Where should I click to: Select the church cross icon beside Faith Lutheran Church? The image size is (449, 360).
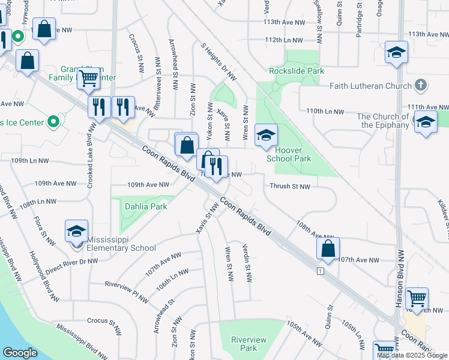[421, 85]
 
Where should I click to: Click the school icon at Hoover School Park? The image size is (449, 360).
[266, 136]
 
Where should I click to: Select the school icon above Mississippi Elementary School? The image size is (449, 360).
[76, 231]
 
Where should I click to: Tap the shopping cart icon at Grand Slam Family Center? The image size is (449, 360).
[89, 77]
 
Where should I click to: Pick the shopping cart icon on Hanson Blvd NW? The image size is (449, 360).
[417, 298]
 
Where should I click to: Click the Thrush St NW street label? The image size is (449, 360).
[289, 187]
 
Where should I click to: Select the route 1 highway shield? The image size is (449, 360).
[321, 272]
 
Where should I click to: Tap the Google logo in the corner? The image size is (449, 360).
[20, 353]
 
